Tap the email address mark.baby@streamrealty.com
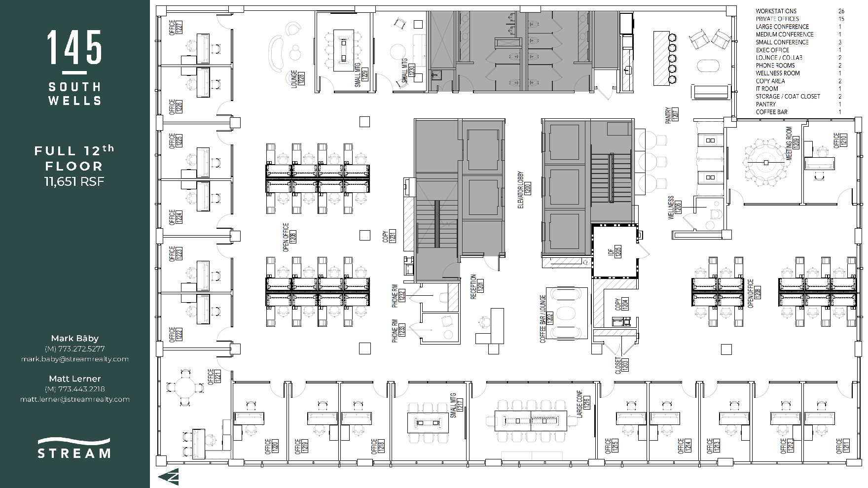click(x=75, y=359)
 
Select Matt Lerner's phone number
click(x=75, y=389)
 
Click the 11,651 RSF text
click(x=74, y=182)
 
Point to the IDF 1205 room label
click(x=615, y=251)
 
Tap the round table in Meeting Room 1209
click(x=766, y=162)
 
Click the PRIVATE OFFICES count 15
click(x=841, y=19)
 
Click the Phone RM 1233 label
click(x=398, y=330)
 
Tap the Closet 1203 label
click(x=621, y=365)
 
